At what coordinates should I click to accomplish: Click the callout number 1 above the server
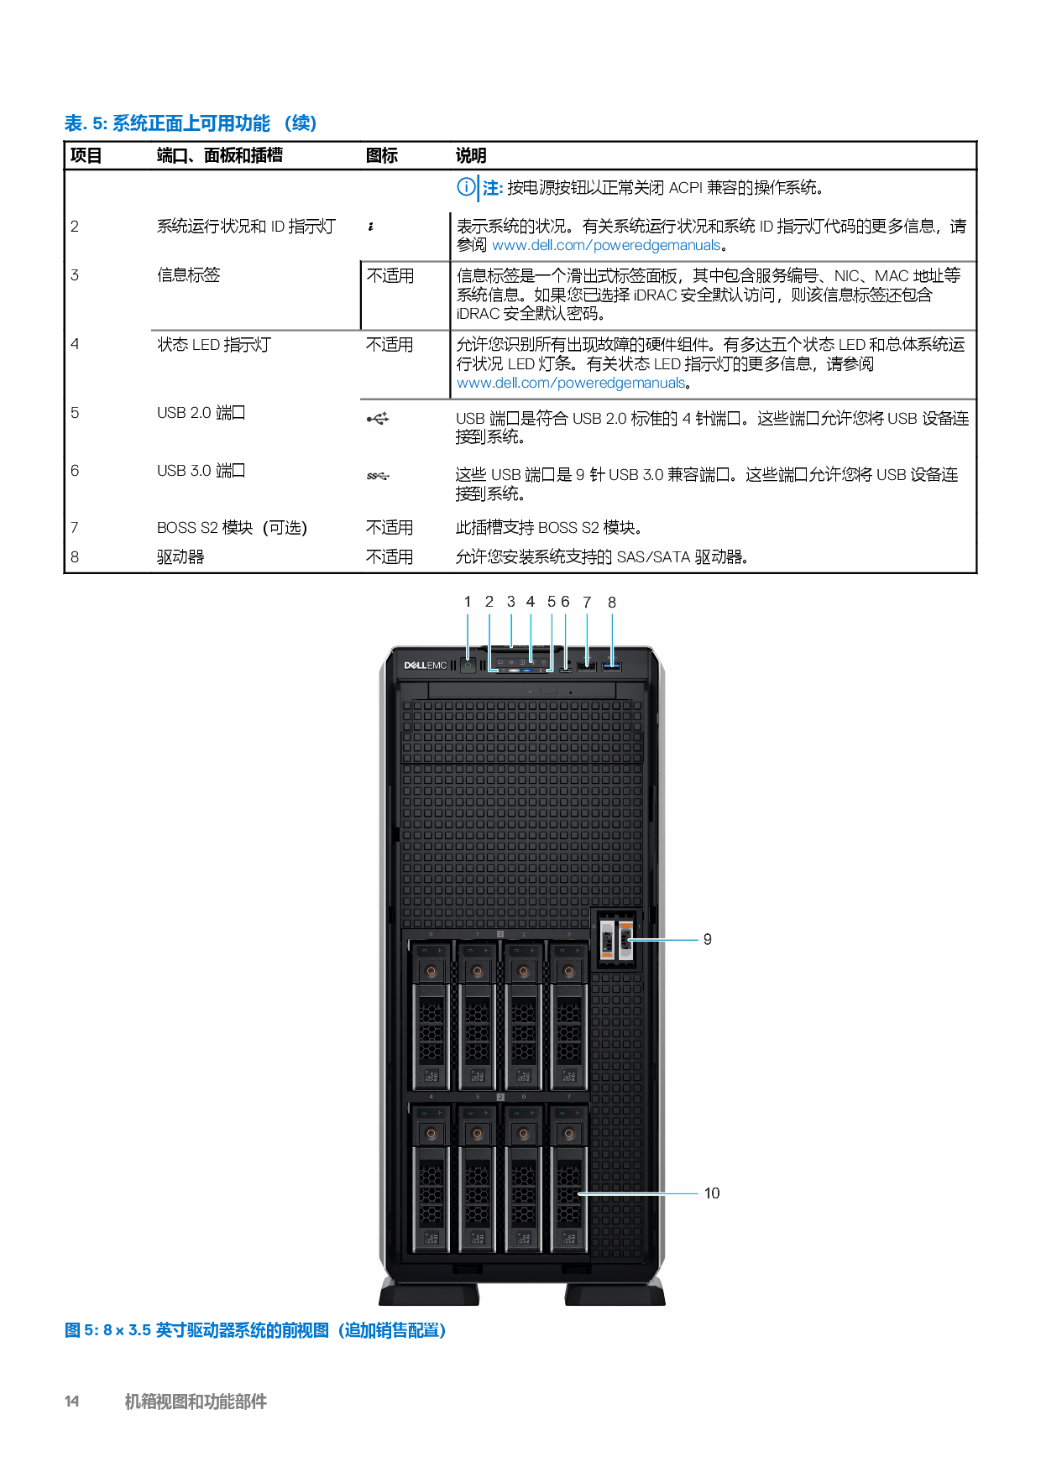(468, 602)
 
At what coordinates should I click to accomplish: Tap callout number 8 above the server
(612, 603)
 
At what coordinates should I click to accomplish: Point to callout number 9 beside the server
(708, 939)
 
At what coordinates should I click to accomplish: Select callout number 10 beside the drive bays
(712, 1193)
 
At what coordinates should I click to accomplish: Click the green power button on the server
(468, 666)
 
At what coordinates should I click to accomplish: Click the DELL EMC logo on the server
(426, 666)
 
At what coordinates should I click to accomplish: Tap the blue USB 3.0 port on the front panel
(612, 666)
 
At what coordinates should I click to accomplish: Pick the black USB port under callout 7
(587, 666)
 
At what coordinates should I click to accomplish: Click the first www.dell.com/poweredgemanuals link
(605, 245)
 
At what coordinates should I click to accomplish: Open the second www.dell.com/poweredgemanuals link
(570, 383)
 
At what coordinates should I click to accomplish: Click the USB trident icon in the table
(378, 419)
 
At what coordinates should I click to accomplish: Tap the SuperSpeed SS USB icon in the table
(378, 476)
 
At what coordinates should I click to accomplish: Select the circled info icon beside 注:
(465, 187)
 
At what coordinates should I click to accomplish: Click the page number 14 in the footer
(72, 1401)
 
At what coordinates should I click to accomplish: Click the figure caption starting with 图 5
(254, 1330)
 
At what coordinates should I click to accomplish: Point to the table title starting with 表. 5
(191, 124)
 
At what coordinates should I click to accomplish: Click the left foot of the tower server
(429, 1292)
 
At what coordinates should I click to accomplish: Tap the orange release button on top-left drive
(432, 971)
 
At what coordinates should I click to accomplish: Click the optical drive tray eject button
(548, 690)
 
